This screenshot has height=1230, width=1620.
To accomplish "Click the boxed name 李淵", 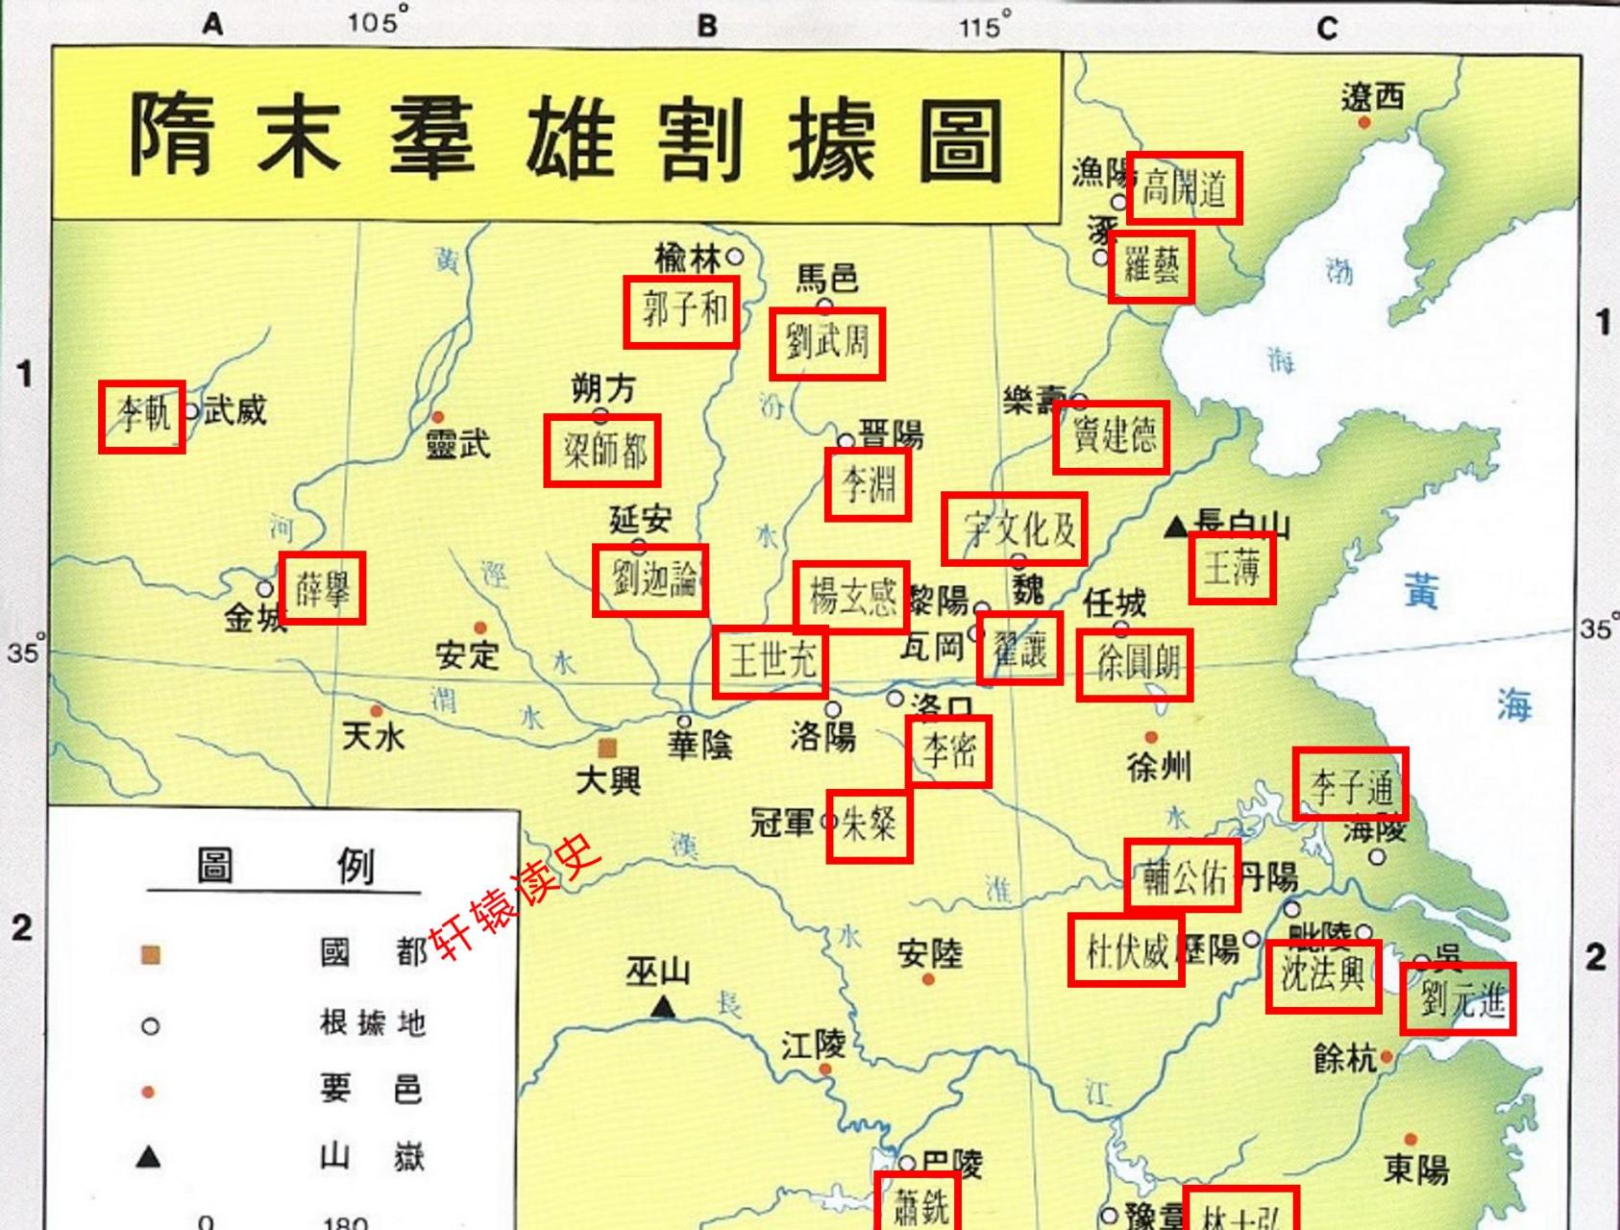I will tap(868, 484).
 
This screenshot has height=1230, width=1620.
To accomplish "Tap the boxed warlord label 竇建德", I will tap(1111, 437).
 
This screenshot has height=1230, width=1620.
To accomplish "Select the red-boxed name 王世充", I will tap(770, 661).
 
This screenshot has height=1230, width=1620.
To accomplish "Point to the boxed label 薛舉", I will tap(322, 587).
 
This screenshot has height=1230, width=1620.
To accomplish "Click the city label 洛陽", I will tap(822, 738).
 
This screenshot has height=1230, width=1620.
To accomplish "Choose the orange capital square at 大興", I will tap(607, 748).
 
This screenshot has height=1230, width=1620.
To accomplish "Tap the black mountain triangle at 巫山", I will tap(662, 1007).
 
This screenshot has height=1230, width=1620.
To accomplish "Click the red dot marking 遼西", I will tap(1363, 122).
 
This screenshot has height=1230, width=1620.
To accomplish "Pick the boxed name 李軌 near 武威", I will tap(141, 416).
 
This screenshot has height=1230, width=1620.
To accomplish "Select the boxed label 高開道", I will tap(1184, 187).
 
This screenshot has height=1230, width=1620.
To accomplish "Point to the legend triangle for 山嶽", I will tap(148, 1156).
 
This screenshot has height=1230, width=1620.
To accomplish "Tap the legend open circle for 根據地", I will tap(150, 1026).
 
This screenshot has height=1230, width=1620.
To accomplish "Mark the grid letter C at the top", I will tap(1327, 28).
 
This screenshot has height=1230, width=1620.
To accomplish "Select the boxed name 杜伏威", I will tap(1125, 951).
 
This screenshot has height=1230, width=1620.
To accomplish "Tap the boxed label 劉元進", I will tap(1458, 998).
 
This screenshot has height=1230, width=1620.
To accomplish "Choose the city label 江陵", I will tap(812, 1045).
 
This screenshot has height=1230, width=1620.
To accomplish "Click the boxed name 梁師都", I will tap(601, 451).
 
